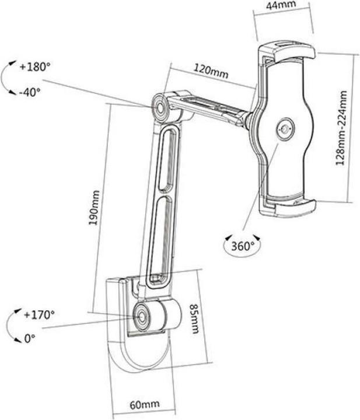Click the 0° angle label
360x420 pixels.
coord(30,338)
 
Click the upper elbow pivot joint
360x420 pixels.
coord(159,107)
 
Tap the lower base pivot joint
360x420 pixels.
coord(142,316)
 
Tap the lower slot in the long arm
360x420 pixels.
coord(159,236)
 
